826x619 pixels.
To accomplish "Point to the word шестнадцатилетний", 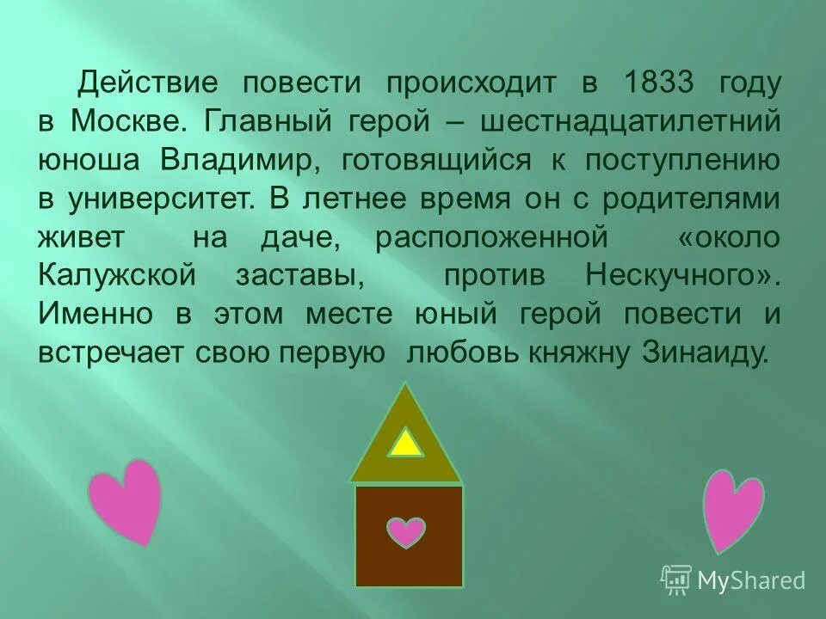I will (630, 121).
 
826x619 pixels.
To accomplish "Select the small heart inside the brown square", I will (406, 531).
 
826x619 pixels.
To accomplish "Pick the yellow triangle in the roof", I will (406, 443).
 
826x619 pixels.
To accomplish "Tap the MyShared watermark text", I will (750, 580).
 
